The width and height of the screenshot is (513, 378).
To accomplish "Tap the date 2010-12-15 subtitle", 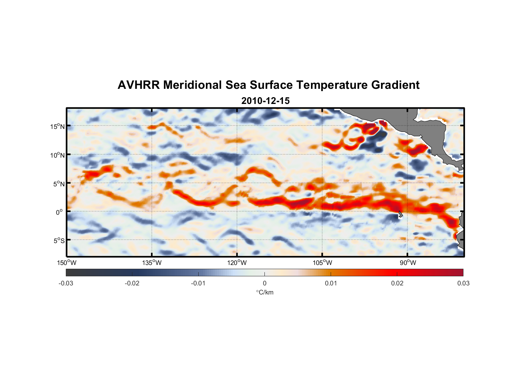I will point(265,101).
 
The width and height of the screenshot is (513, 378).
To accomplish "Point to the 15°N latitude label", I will point(58,126).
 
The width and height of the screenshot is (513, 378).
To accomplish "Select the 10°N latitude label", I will point(58,155).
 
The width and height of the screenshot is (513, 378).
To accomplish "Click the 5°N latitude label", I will point(59,184).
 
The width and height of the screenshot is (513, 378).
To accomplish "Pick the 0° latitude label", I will point(60,212).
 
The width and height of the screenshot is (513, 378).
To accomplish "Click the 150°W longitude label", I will point(67,263).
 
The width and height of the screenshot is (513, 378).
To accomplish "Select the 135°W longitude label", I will point(152,263).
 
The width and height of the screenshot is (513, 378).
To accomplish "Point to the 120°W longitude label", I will point(237,263).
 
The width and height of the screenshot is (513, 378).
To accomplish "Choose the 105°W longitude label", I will point(322,263).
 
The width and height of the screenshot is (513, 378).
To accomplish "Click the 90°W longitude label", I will point(408,263).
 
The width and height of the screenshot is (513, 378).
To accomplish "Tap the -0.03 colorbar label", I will point(66,283).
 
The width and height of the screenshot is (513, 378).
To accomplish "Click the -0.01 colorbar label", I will point(198,283).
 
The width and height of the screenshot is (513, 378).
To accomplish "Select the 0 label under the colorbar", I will point(264,283).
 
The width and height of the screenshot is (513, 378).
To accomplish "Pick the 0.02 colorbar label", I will point(397,283).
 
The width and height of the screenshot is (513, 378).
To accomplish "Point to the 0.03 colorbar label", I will point(463,283).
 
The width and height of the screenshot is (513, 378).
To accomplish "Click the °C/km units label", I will point(264,292).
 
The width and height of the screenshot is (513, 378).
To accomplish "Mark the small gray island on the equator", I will point(400,214).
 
